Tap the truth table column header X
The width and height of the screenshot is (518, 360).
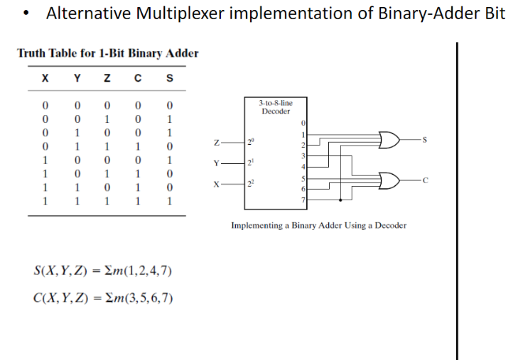point(46,78)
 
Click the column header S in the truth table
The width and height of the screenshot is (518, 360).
point(168,78)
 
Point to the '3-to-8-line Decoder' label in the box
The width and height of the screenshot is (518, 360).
point(276,107)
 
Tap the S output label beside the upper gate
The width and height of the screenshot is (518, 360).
point(425,141)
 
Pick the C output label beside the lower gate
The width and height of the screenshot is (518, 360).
point(425,181)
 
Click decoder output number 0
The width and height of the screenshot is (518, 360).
point(303,125)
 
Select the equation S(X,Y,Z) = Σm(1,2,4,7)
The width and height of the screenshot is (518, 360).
point(103,271)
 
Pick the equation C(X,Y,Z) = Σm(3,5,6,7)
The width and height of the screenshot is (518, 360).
point(103,295)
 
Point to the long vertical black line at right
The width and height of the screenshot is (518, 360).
point(456,199)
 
